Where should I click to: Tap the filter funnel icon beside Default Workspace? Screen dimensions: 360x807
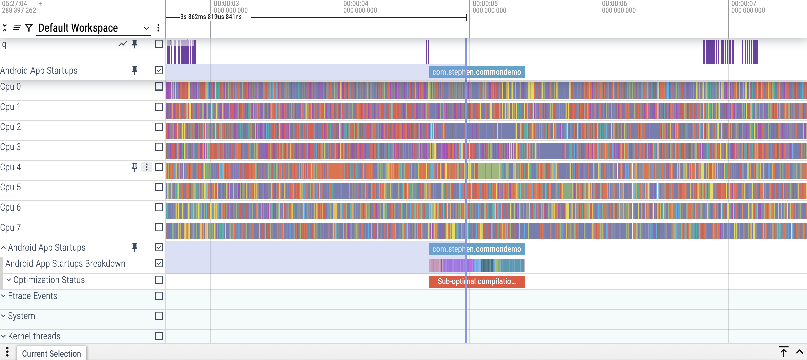pos(29,28)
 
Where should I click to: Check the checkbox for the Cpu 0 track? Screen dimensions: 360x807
pos(159,86)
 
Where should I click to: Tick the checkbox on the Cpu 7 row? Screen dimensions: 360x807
pos(159,227)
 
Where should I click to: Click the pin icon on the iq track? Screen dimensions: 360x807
pos(135,44)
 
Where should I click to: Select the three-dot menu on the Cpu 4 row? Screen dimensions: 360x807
pos(146,167)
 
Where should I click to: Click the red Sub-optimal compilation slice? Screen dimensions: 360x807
pos(477,281)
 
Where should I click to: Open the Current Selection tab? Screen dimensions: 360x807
pos(52,353)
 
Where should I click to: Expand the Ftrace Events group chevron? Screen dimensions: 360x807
pos(3,296)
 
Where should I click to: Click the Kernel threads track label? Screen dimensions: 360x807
pos(34,336)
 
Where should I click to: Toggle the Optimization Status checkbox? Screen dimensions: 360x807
pos(159,280)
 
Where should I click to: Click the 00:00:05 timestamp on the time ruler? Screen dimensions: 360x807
pos(485,4)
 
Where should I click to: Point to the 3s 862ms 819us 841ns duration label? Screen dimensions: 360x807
pos(211,17)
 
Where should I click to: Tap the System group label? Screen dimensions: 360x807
pos(21,316)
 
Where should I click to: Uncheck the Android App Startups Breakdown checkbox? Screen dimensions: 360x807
pos(159,263)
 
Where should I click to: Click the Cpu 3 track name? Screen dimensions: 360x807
pos(11,147)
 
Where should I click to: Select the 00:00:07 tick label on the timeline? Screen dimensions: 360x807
pos(744,4)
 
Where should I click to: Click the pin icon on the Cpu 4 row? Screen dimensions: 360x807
pos(135,167)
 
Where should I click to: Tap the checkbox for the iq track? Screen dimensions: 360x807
pos(159,44)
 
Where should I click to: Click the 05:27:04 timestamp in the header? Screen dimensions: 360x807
pos(15,4)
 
